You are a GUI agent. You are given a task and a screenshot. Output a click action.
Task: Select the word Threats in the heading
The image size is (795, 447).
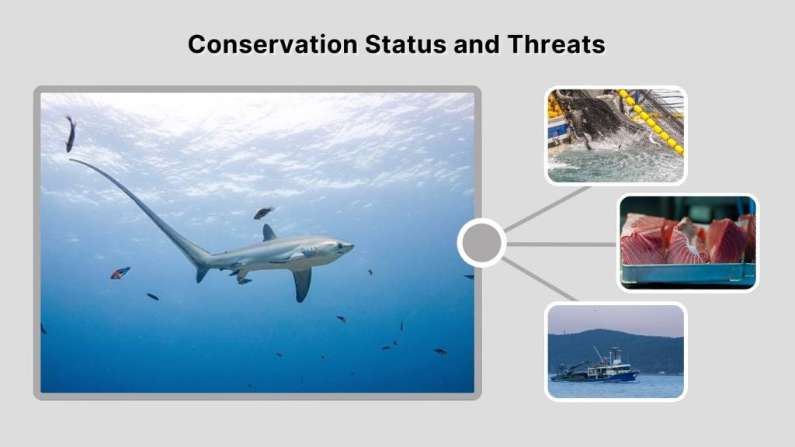point(556,44)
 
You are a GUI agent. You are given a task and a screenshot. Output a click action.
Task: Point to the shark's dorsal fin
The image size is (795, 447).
point(269,233)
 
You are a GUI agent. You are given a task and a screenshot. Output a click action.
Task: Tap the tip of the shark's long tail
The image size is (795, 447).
point(71,161)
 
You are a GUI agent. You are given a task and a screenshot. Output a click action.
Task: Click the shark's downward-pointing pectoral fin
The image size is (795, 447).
point(301,283)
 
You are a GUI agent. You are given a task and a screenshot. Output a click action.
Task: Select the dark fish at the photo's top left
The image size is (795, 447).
point(70,133)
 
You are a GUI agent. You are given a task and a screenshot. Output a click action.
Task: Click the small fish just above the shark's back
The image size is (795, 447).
point(263,212)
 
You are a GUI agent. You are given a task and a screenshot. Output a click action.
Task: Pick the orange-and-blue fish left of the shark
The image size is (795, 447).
point(120,272)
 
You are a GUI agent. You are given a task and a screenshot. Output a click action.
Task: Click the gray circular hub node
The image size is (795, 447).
point(481,243)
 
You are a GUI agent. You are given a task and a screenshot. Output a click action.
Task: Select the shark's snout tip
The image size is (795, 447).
point(353,246)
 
